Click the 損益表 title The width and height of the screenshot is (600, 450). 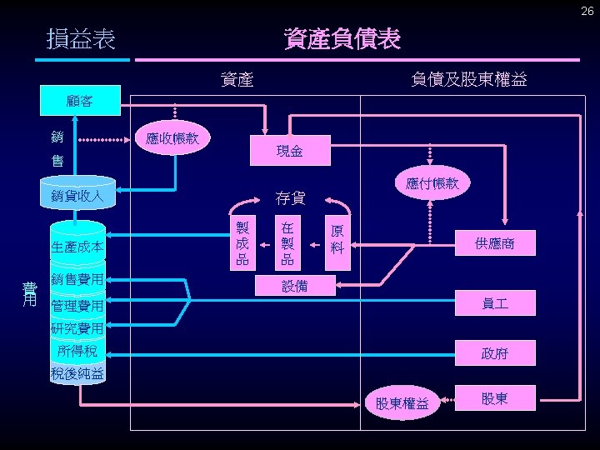click(82, 39)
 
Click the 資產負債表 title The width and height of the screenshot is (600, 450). click(342, 38)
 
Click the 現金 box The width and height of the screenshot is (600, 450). click(290, 151)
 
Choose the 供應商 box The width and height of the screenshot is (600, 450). click(494, 243)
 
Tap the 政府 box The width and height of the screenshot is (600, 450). click(494, 354)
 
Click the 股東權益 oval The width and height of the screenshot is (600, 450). click(402, 403)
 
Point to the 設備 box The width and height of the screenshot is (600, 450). click(294, 286)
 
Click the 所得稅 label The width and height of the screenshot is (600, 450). click(77, 351)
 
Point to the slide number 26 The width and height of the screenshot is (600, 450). click(586, 11)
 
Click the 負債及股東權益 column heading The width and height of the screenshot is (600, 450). click(468, 79)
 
